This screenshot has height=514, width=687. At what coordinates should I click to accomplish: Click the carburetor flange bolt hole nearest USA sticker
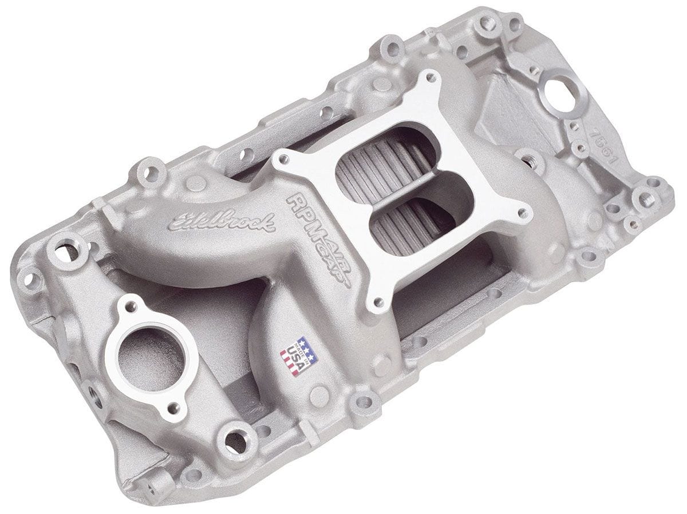[377, 301]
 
